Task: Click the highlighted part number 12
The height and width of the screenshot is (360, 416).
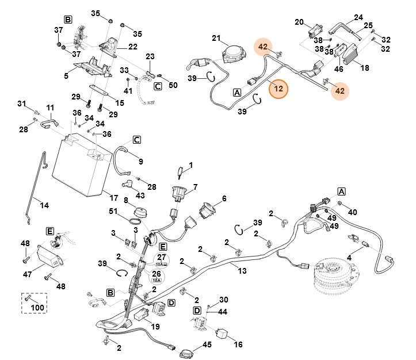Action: tap(278, 89)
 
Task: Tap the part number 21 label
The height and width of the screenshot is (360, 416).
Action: tap(216, 39)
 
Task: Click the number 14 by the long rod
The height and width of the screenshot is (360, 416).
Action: tap(44, 203)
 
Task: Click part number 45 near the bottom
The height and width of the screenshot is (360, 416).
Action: tap(207, 345)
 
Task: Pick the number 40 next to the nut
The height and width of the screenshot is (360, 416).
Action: tap(352, 212)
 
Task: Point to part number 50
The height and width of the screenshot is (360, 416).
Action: tap(173, 85)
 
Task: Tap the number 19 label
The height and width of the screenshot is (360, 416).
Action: tap(154, 327)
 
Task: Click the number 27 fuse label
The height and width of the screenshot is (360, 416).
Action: tap(161, 258)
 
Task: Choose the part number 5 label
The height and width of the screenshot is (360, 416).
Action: tap(66, 75)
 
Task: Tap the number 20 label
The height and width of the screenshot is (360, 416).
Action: tap(299, 22)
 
